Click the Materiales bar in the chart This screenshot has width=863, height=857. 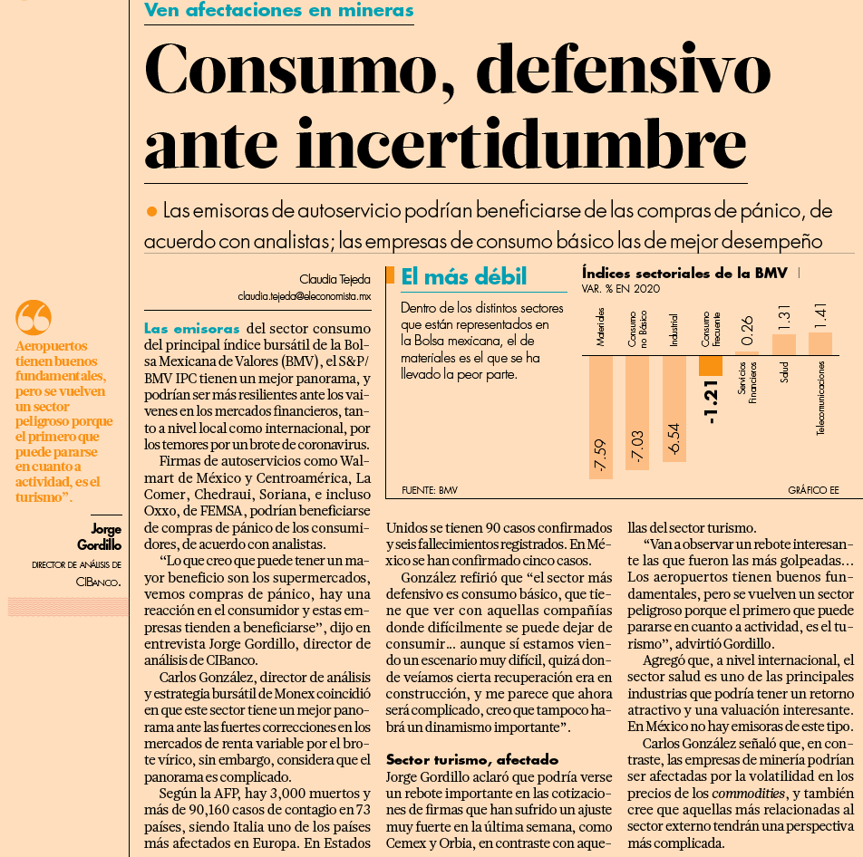pyautogui.click(x=600, y=418)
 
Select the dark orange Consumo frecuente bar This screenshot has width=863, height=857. pyautogui.click(x=710, y=366)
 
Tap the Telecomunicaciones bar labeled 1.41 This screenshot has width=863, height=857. pyautogui.click(x=820, y=343)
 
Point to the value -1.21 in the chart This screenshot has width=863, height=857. pyautogui.click(x=711, y=402)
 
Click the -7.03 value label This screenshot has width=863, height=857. pyautogui.click(x=637, y=447)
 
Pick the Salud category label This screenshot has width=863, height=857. pyautogui.click(x=784, y=372)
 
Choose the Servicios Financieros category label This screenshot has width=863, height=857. pyautogui.click(x=747, y=382)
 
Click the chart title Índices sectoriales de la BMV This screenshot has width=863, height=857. pyautogui.click(x=684, y=274)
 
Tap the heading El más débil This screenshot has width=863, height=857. pyautogui.click(x=464, y=276)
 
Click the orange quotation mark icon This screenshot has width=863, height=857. pyautogui.click(x=34, y=317)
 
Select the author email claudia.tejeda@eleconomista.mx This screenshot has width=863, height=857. pyautogui.click(x=305, y=296)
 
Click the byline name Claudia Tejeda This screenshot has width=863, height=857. pyautogui.click(x=335, y=279)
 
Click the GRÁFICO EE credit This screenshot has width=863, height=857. pyautogui.click(x=813, y=490)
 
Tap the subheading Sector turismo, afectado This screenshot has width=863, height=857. pyautogui.click(x=472, y=760)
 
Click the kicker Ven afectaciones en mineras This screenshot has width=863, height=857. pyautogui.click(x=279, y=10)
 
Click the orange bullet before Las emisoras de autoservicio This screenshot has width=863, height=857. pyautogui.click(x=152, y=211)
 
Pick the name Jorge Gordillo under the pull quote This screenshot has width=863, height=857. pyautogui.click(x=100, y=537)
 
